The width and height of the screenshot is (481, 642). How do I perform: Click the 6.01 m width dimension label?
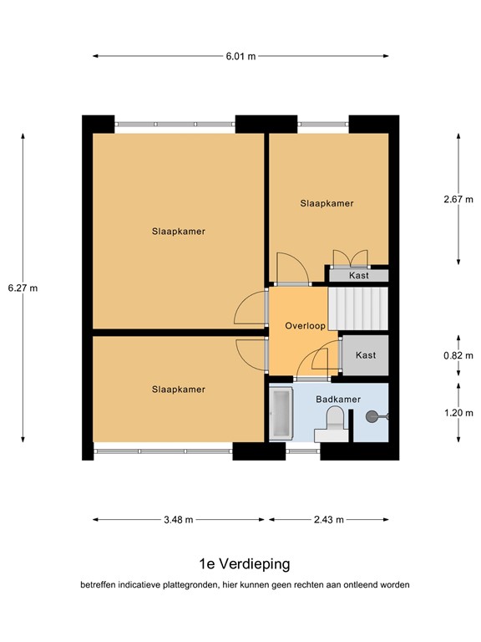point(240,56)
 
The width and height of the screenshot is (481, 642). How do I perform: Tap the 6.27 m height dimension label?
point(23,288)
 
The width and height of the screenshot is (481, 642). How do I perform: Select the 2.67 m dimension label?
point(458,200)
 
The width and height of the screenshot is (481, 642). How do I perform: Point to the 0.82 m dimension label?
point(458,355)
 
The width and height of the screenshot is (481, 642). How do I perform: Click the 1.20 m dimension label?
point(458,413)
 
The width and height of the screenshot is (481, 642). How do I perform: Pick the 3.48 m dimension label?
point(179,520)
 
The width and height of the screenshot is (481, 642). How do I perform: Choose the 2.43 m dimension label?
point(329,520)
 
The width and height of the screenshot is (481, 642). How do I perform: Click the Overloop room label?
point(305,326)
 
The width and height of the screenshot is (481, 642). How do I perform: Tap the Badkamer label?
point(338,400)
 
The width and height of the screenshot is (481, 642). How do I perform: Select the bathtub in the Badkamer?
point(281,413)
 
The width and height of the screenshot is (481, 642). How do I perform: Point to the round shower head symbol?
point(372,417)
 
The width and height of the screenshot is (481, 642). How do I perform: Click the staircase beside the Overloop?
point(358,308)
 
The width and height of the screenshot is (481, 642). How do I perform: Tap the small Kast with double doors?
point(359,275)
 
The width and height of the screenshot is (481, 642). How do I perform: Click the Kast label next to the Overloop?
point(366,355)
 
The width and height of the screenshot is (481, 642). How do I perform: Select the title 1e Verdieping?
point(245,563)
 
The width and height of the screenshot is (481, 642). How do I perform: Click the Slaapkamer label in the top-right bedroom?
point(327,203)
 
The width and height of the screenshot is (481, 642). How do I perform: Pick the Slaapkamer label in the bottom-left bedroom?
point(179,390)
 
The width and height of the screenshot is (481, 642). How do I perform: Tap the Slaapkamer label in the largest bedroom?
point(179,232)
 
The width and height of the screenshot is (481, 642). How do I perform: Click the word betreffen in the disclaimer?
point(99,585)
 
